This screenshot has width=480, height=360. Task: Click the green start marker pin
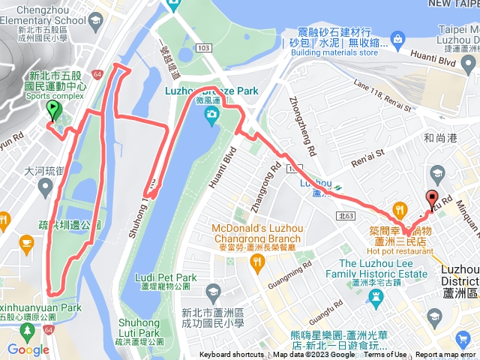click(52, 111)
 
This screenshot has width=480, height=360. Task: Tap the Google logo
click(28, 349)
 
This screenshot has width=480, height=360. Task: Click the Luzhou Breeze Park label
click(211, 91)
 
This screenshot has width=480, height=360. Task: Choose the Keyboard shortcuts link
click(232, 355)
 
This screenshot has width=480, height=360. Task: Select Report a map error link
click(447, 355)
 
